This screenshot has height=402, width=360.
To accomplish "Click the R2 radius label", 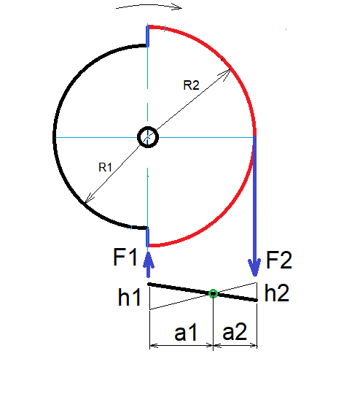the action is pos(191,85).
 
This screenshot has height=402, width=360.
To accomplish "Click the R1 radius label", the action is pos(106,167).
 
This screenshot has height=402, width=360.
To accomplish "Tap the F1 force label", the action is pos(125,257).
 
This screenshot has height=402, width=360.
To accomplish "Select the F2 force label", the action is pos(279,260).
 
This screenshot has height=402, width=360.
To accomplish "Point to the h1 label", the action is pos(129,297).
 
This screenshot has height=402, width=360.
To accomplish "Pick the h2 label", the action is pos(277,293).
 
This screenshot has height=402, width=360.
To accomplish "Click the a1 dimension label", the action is pos(186,332).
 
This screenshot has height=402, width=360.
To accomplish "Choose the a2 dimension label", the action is pos(235,332).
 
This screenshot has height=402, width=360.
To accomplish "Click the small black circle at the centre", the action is pos(148,137).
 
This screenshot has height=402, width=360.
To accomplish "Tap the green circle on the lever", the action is pos(213,293).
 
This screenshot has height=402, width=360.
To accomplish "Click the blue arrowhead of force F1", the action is pos(148,260).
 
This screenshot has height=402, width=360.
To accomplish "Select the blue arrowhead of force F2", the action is pos(254,268).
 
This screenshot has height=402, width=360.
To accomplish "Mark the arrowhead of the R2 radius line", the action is pos(227,73).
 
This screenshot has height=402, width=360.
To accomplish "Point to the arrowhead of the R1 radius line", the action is pos(89,198).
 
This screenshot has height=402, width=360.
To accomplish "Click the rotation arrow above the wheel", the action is pos(149,6).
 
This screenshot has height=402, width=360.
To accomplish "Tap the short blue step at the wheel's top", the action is pos(147,36).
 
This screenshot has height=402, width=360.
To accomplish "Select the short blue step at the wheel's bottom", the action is pos(147,237).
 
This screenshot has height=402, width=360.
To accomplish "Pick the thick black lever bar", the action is pos(203,292).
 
